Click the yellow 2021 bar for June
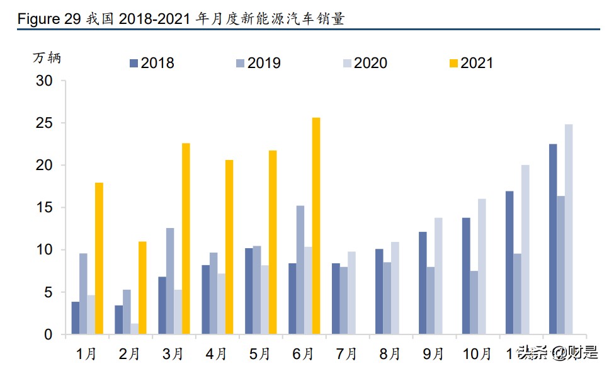click(316, 226)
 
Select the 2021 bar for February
click(142, 288)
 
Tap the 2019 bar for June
click(300, 270)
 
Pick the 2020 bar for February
click(134, 329)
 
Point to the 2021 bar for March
click(186, 239)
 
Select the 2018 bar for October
click(466, 276)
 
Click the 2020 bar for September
click(438, 276)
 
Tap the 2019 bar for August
click(387, 299)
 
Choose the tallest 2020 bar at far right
click(569, 229)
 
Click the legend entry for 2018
click(152, 63)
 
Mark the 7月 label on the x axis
click(346, 354)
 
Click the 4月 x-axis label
click(216, 354)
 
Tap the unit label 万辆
click(47, 57)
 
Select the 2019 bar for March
click(170, 281)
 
